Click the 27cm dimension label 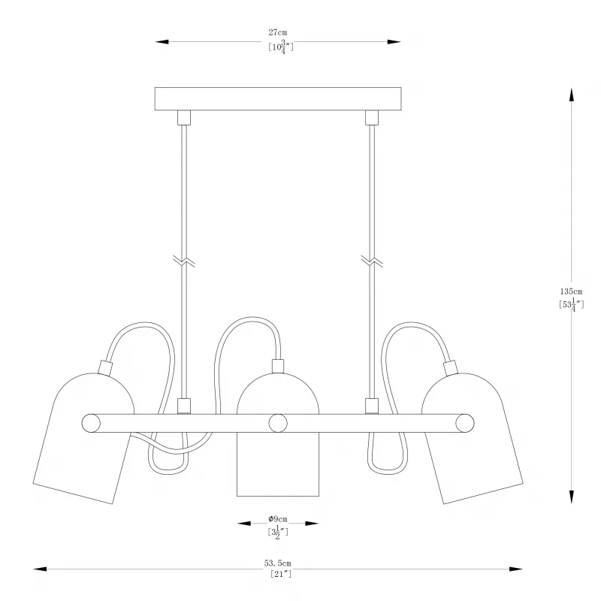(277, 32)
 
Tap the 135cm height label (571, 291)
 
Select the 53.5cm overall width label (277, 563)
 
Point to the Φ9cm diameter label (278, 519)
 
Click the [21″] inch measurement (281, 574)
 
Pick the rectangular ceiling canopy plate (278, 99)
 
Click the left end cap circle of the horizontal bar (91, 423)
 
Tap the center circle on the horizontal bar (278, 423)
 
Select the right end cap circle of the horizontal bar (465, 423)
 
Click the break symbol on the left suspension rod (184, 261)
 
